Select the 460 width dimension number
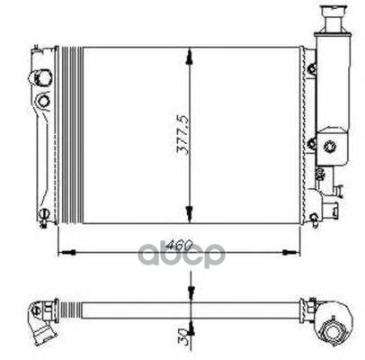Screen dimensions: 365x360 pyautogui.click(x=179, y=246)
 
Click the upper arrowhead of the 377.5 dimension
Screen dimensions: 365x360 pyautogui.click(x=189, y=58)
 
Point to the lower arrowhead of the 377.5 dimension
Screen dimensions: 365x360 pyautogui.click(x=189, y=212)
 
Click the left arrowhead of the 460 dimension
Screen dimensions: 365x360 pyautogui.click(x=68, y=252)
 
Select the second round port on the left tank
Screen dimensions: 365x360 pyautogui.click(x=43, y=101)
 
